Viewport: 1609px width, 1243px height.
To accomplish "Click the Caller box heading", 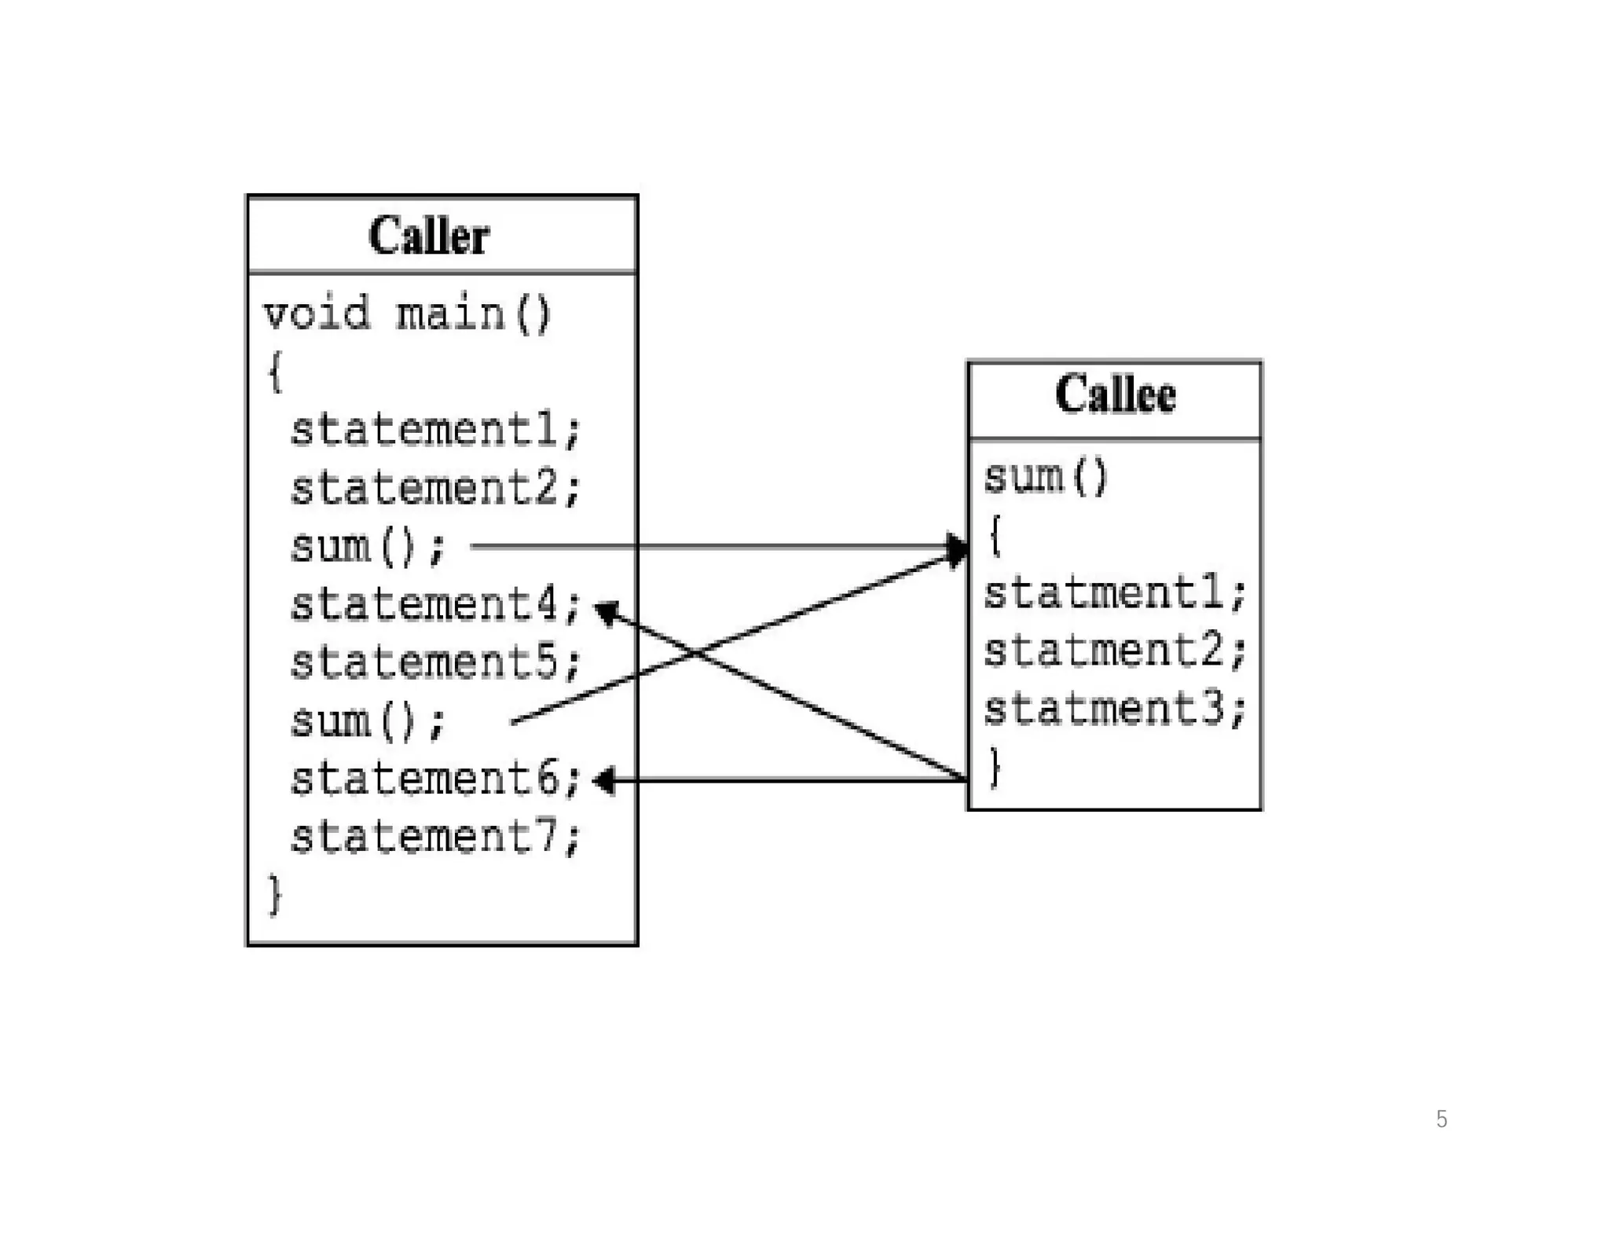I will tap(429, 236).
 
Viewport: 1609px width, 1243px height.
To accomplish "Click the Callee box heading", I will tap(1115, 394).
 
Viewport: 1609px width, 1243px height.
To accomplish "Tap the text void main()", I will tap(407, 313).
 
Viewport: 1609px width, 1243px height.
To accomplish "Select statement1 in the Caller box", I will tap(435, 430).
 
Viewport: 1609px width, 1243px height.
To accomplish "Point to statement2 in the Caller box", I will tap(435, 488).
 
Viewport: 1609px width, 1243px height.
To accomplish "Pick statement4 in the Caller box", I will tap(435, 604).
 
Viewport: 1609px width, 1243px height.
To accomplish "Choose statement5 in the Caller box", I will tap(435, 662).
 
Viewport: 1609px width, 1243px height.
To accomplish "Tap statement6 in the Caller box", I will tap(435, 779).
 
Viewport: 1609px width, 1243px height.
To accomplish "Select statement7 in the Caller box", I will tap(435, 837).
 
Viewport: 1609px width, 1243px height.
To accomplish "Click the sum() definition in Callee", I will tap(1046, 477).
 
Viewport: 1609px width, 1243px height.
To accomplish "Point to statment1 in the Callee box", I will tap(1115, 593).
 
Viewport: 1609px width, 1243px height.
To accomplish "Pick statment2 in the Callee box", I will tap(1115, 651).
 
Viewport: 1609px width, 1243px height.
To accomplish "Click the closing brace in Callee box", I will tap(995, 766).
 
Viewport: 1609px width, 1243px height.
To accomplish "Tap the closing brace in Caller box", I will tap(274, 895).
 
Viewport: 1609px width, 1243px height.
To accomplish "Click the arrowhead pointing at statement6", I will tap(604, 780).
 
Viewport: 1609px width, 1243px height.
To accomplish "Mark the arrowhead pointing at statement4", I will tap(606, 610).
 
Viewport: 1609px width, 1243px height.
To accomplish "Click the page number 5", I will tap(1441, 1119).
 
